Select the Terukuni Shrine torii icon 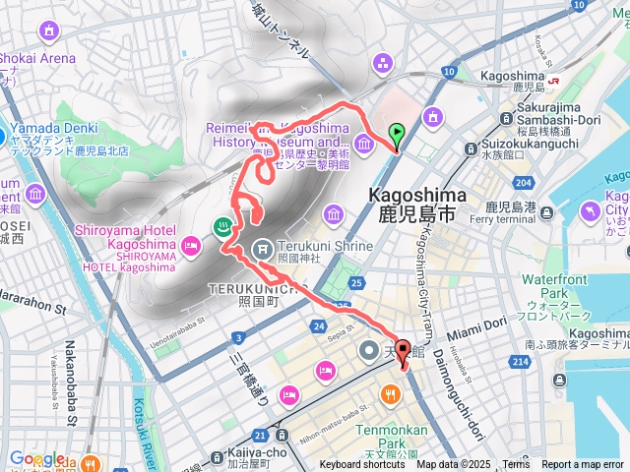(263, 249)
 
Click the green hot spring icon (223, 225)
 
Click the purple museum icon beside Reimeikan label (363, 147)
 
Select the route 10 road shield (449, 72)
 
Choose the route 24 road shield (318, 325)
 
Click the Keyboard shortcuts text (362, 465)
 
